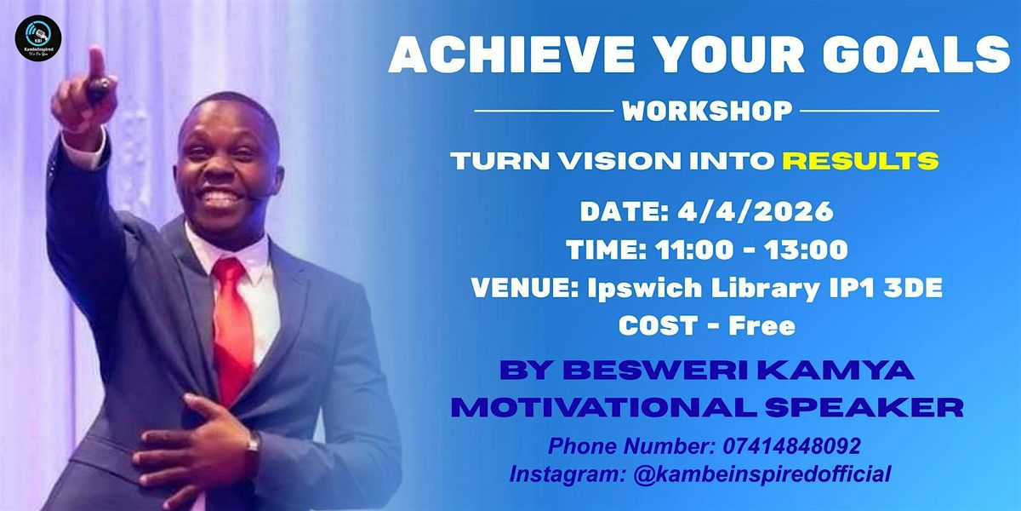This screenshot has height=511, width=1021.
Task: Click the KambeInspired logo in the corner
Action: click(37, 38)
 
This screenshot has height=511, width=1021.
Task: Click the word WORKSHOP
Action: click(707, 111)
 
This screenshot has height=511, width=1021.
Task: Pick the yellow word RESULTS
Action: click(861, 161)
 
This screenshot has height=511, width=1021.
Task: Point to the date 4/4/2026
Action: click(756, 211)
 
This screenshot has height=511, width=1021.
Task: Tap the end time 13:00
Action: click(806, 250)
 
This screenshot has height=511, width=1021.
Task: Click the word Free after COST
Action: click(762, 325)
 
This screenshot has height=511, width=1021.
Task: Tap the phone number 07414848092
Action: click(792, 445)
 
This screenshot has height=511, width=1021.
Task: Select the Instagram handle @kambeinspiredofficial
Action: click(761, 474)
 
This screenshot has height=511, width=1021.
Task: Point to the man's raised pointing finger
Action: click(96, 63)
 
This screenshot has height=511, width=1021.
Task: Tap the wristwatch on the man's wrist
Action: click(253, 443)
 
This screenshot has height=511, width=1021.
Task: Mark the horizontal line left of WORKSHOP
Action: click(545, 111)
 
